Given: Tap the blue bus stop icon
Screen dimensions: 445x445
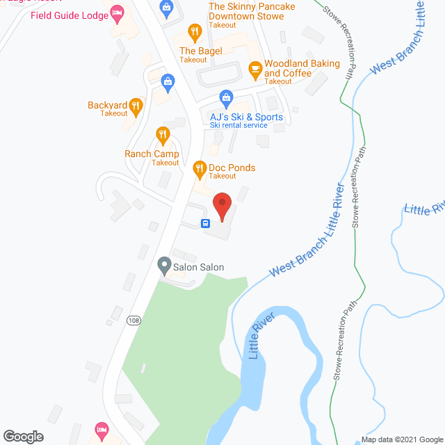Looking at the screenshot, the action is tap(206, 223).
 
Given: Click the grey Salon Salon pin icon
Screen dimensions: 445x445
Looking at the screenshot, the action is tap(164, 264).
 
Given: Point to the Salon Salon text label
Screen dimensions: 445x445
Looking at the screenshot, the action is tap(198, 267).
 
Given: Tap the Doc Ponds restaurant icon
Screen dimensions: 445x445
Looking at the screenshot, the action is tap(199, 168).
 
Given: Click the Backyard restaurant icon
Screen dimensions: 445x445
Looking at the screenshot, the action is tap(136, 106).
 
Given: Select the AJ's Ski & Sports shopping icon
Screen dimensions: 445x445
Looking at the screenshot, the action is tap(225, 97).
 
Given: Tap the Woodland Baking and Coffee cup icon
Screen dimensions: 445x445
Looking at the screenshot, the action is tap(254, 67).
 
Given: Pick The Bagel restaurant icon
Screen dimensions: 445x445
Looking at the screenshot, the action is tap(195, 31).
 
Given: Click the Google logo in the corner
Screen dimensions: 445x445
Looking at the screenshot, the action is tap(22, 437).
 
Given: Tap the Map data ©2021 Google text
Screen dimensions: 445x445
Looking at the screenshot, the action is tap(402, 439).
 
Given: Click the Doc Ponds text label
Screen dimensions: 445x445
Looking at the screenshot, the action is tap(232, 168).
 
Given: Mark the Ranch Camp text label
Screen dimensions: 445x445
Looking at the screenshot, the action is tap(152, 154).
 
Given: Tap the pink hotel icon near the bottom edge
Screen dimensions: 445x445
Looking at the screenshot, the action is tap(102, 429).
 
